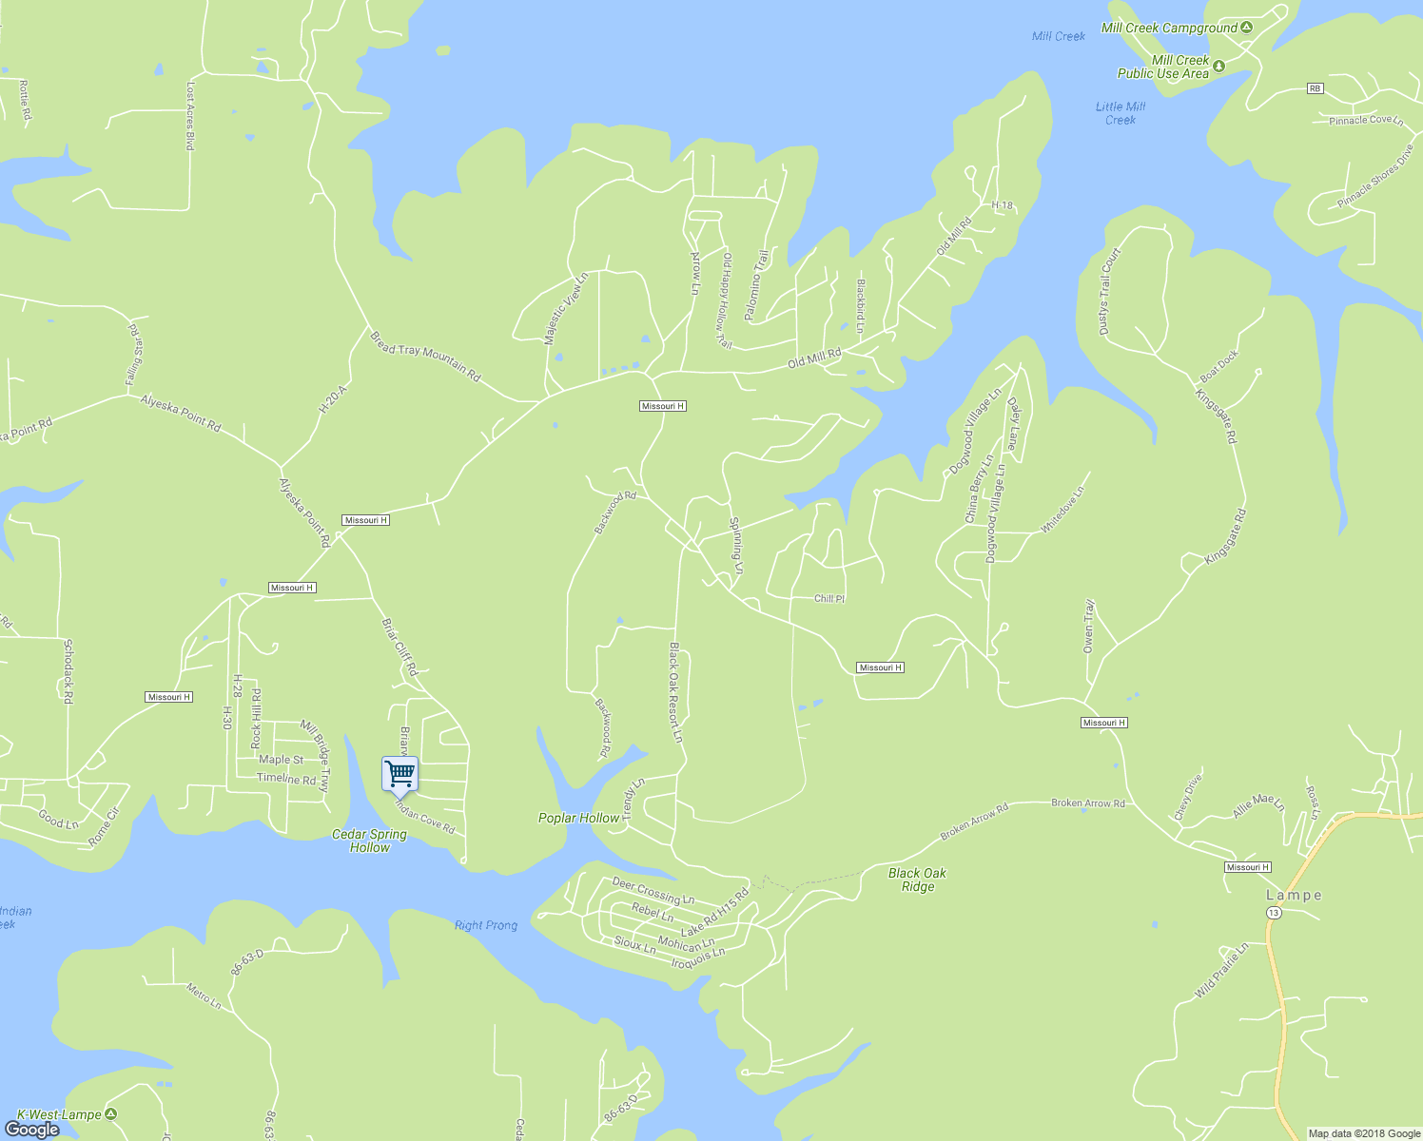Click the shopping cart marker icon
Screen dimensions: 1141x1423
point(400,774)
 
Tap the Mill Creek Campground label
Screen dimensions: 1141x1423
point(1169,29)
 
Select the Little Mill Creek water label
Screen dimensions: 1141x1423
point(1121,113)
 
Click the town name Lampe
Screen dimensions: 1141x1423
point(1294,895)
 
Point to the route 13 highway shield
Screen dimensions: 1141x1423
point(1274,913)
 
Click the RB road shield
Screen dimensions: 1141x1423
point(1315,88)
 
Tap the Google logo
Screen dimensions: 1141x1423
point(32,1129)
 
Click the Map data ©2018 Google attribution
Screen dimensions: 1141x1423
point(1363,1133)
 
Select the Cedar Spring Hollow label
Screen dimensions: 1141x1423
point(369,841)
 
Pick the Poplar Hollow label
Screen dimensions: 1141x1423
point(578,818)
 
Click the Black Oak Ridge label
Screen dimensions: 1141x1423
point(917,880)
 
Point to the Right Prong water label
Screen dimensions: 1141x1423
point(486,925)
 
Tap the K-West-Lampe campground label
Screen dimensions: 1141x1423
point(59,1114)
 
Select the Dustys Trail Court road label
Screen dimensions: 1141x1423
point(1110,291)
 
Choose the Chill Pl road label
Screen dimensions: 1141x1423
point(829,599)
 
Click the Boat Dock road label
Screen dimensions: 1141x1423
point(1219,366)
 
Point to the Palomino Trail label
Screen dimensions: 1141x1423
point(756,284)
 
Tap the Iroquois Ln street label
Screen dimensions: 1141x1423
point(697,958)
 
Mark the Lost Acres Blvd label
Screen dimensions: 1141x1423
point(190,115)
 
